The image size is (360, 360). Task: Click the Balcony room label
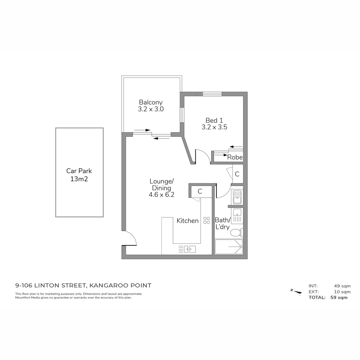[x=151, y=102]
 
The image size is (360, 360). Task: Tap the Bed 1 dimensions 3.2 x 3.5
[x=214, y=127]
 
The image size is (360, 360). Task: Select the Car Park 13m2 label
[x=79, y=175]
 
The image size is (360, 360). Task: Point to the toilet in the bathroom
[x=236, y=232]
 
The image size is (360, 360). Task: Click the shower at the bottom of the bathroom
[x=229, y=247]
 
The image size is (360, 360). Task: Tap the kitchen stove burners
[x=207, y=220]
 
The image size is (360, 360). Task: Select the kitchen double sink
[x=190, y=249]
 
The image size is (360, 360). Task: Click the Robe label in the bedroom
[x=235, y=157]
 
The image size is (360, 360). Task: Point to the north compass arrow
[x=296, y=292]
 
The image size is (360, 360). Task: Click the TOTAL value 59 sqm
[x=339, y=297]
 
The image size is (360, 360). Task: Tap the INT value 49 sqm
[x=342, y=286]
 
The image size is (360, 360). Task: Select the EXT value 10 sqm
[x=342, y=292]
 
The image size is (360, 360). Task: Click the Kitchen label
[x=187, y=221]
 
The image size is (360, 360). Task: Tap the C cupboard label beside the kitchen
[x=200, y=191]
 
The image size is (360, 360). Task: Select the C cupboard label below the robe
[x=237, y=174]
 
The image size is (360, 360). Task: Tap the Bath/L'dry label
[x=223, y=223]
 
